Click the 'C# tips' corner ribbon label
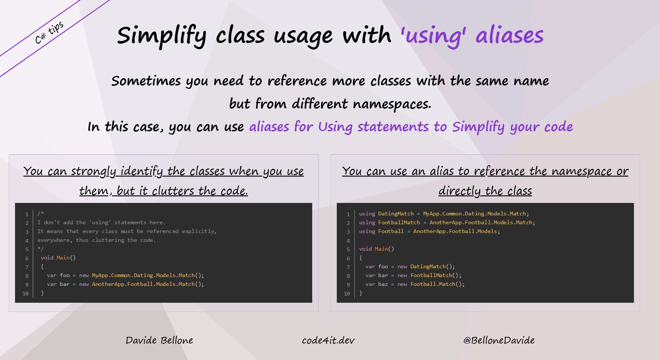pyautogui.click(x=49, y=33)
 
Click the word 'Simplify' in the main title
pyautogui.click(x=161, y=36)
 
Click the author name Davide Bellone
pyautogui.click(x=159, y=341)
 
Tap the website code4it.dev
pyautogui.click(x=328, y=341)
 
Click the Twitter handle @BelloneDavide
pyautogui.click(x=499, y=341)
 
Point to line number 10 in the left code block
pyautogui.click(x=25, y=294)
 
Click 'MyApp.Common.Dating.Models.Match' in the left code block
pyautogui.click(x=143, y=275)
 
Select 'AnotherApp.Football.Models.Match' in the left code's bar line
pyautogui.click(x=143, y=284)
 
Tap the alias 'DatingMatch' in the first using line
pyautogui.click(x=396, y=214)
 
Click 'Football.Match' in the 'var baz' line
pyautogui.click(x=433, y=284)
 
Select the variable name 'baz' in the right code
pyautogui.click(x=383, y=284)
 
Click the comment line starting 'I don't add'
pyautogui.click(x=101, y=222)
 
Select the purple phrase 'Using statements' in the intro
pyautogui.click(x=373, y=127)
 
